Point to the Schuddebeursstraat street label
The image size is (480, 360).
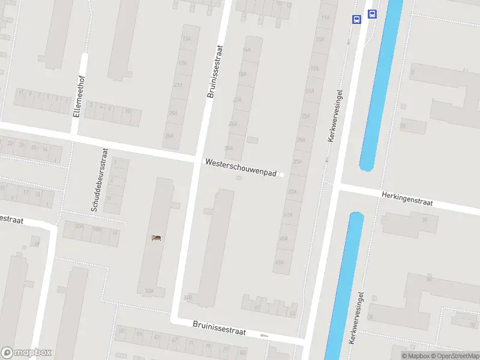tap(99, 180)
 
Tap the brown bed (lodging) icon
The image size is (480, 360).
tap(157, 238)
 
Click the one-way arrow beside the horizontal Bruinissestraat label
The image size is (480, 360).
tap(265, 335)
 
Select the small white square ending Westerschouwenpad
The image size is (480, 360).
tap(281, 175)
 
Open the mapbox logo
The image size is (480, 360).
tap(26, 353)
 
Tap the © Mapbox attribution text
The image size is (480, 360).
tap(416, 356)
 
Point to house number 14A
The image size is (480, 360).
tap(246, 50)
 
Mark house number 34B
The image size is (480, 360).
tap(188, 297)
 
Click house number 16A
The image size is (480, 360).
tap(96, 229)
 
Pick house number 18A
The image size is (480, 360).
tap(242, 74)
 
